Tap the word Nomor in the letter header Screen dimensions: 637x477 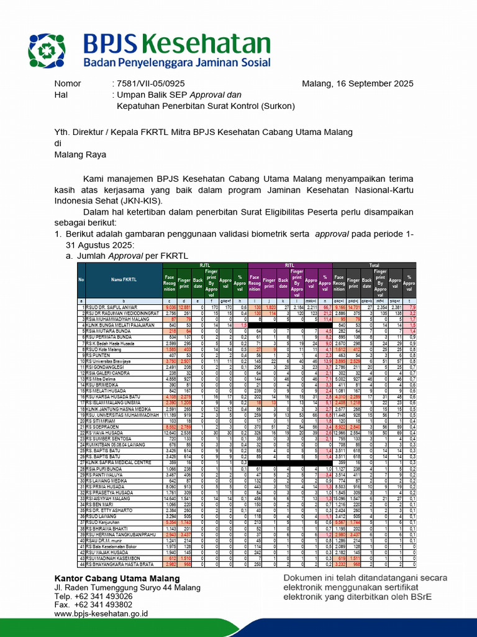pos(68,83)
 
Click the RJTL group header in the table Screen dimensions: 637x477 pos(204,265)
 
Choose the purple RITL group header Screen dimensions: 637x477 pos(290,265)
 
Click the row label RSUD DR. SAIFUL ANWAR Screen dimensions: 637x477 pos(111,307)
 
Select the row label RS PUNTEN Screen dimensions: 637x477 pos(99,355)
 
